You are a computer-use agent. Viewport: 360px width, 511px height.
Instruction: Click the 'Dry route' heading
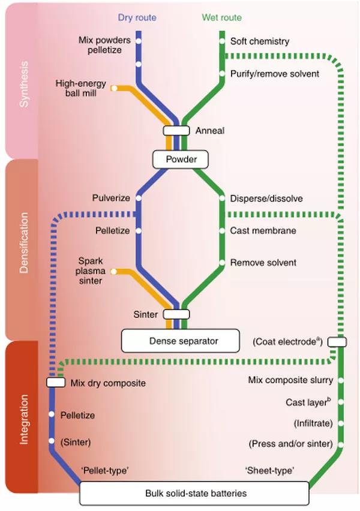pyautogui.click(x=138, y=18)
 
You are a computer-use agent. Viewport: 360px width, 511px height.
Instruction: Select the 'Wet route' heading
pyautogui.click(x=223, y=18)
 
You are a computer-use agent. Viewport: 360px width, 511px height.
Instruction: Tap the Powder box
pyautogui.click(x=179, y=160)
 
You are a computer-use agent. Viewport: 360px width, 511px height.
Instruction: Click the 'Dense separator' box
pyautogui.click(x=180, y=341)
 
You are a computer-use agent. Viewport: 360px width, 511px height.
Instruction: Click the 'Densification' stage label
pyautogui.click(x=23, y=249)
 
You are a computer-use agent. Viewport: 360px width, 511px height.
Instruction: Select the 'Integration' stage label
pyautogui.click(x=23, y=411)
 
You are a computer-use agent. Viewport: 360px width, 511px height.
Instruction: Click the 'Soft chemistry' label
pyautogui.click(x=260, y=41)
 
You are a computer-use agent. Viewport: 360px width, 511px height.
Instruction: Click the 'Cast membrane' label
pyautogui.click(x=263, y=230)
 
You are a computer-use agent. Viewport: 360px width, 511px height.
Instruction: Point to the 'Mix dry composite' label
pyautogui.click(x=108, y=382)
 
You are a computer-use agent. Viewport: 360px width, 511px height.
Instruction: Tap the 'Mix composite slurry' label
pyautogui.click(x=290, y=380)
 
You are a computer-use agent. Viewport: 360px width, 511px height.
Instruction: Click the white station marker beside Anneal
pyautogui.click(x=177, y=130)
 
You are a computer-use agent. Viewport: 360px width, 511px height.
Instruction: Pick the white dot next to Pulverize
pyautogui.click(x=139, y=198)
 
